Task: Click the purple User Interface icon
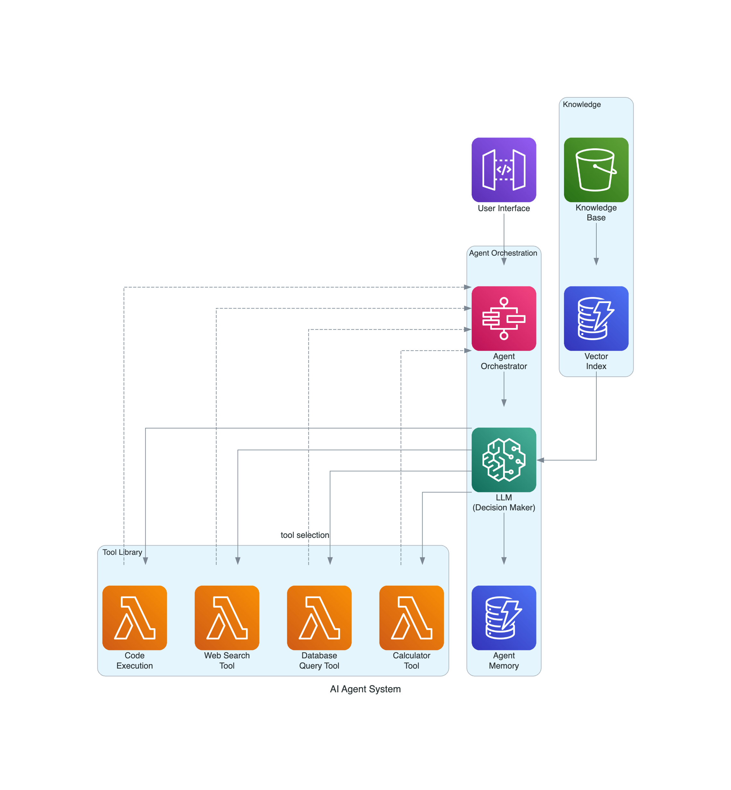click(504, 170)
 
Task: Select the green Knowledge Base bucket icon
click(596, 170)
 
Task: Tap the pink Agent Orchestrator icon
click(504, 318)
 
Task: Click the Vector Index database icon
click(596, 318)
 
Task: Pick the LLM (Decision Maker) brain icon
click(504, 460)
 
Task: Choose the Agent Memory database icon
click(504, 618)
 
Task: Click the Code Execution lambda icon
click(134, 618)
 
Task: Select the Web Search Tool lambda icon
click(227, 618)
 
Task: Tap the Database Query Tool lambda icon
click(319, 618)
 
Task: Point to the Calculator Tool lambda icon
click(411, 618)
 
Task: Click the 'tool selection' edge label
click(305, 535)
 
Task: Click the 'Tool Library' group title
click(122, 552)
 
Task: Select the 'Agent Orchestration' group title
click(503, 253)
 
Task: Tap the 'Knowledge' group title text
click(582, 104)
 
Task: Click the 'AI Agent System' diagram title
click(365, 689)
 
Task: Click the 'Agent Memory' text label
click(504, 660)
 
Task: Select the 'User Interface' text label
click(504, 208)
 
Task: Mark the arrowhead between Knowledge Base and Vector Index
click(596, 261)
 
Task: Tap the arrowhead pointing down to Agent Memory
click(504, 561)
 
